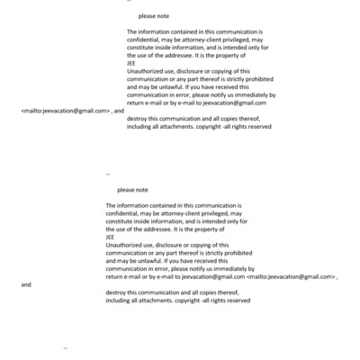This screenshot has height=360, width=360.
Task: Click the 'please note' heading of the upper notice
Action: tap(154, 17)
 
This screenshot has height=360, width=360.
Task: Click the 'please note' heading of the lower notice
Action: tap(132, 190)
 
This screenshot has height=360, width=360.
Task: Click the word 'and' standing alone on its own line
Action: tap(26, 284)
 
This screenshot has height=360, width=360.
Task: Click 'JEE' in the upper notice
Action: tap(132, 63)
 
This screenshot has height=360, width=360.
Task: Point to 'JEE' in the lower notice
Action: tap(111, 237)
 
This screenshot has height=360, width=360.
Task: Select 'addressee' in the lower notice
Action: tap(159, 229)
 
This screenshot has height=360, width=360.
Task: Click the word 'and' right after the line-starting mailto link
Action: tap(119, 110)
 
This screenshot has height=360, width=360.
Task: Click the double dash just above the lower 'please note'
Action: tap(108, 173)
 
